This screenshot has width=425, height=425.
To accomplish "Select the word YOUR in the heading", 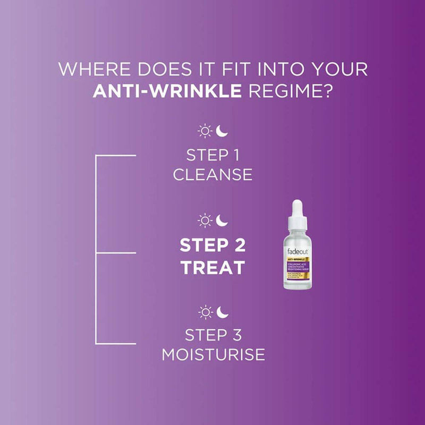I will coord(339,70).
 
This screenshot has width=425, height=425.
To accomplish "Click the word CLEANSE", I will coord(212,174).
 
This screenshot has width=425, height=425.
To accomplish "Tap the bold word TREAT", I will coord(212,267).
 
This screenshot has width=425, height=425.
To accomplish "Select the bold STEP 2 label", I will coord(212,246).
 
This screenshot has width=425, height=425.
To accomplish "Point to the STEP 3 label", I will coord(212,335).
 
